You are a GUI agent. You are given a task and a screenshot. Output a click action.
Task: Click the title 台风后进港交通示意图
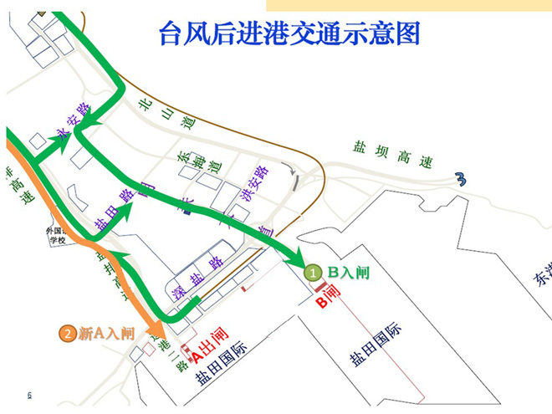click(x=289, y=33)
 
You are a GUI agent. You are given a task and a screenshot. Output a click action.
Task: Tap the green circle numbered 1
click(x=311, y=273)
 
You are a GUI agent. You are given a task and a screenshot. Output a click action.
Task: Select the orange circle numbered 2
click(x=67, y=334)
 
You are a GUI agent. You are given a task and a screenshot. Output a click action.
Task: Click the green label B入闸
click(x=346, y=272)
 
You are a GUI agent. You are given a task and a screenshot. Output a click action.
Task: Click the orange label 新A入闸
click(x=106, y=334)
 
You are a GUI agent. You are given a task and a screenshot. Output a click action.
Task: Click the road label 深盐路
click(x=197, y=272)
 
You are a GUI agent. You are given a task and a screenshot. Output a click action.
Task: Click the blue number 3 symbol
click(x=460, y=177)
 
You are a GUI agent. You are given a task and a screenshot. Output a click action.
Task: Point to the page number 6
click(x=29, y=395)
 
